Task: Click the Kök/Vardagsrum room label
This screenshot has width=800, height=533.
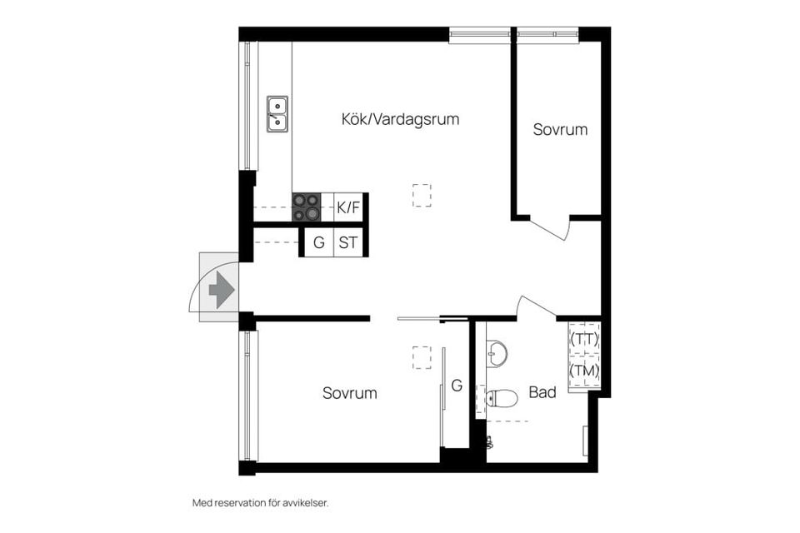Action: [x=400, y=119]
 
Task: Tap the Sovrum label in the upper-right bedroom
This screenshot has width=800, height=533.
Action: [x=560, y=129]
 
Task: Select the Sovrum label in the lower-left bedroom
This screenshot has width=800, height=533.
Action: [x=349, y=393]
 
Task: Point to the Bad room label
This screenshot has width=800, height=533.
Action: [x=542, y=392]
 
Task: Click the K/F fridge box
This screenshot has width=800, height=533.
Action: [x=349, y=207]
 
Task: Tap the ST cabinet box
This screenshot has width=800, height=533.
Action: [x=349, y=244]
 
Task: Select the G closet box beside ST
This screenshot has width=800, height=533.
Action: [x=317, y=244]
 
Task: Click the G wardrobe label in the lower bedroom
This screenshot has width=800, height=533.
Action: [x=457, y=386]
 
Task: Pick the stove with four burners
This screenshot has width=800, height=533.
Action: [x=306, y=207]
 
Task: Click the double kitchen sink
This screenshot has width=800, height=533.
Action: [x=277, y=114]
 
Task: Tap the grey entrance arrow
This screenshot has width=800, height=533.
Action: [x=221, y=289]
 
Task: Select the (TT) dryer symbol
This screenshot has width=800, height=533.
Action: [x=584, y=340]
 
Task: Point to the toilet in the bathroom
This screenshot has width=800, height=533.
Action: [x=502, y=398]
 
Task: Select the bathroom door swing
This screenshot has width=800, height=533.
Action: [x=535, y=306]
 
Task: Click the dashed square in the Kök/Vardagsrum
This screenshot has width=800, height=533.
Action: [x=422, y=195]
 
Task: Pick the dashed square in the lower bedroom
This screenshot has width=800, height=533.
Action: [x=422, y=357]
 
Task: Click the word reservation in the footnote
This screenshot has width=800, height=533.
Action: [x=243, y=503]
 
